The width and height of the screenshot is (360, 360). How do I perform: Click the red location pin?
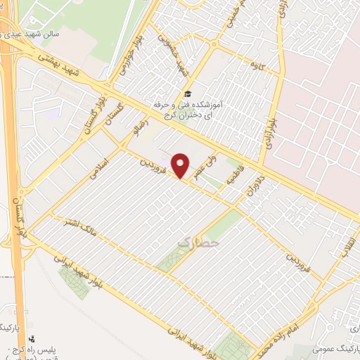[181, 165]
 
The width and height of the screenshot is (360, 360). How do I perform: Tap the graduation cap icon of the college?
[187, 94]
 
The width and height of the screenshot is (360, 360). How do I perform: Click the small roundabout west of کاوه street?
[212, 47]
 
